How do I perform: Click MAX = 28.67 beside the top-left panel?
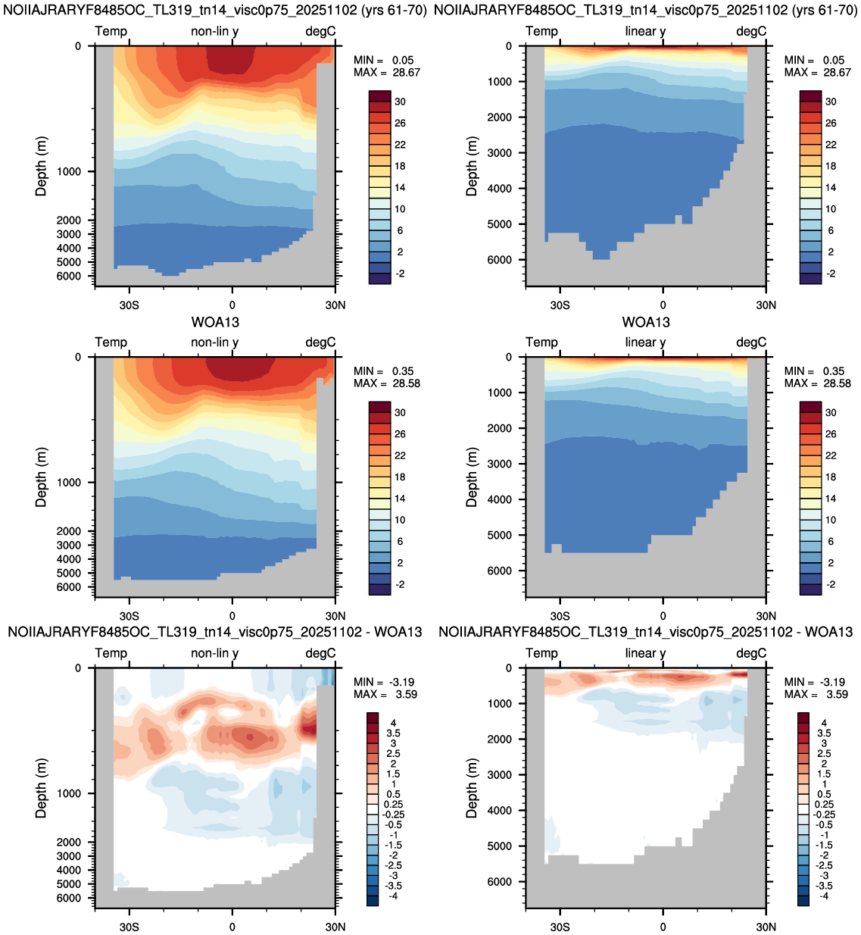[387, 72]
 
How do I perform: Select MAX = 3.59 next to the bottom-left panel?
[385, 694]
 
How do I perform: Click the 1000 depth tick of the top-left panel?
[69, 171]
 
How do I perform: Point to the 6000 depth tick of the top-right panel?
[500, 260]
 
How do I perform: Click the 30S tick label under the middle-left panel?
[129, 616]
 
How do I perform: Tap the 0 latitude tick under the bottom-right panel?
[663, 927]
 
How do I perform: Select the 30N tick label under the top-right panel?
[766, 305]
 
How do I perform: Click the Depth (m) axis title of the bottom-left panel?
[41, 788]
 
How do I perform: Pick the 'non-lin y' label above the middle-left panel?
[214, 342]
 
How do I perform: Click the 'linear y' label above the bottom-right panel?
[645, 653]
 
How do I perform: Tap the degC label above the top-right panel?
[751, 31]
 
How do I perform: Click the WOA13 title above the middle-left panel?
[215, 322]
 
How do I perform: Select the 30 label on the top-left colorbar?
[401, 102]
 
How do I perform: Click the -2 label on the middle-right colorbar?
[831, 584]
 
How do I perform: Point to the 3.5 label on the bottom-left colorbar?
[393, 733]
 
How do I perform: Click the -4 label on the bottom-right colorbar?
[824, 896]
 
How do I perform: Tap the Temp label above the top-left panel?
[111, 31]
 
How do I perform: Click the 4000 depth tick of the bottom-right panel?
[500, 811]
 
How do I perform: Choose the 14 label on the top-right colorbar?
[831, 187]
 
